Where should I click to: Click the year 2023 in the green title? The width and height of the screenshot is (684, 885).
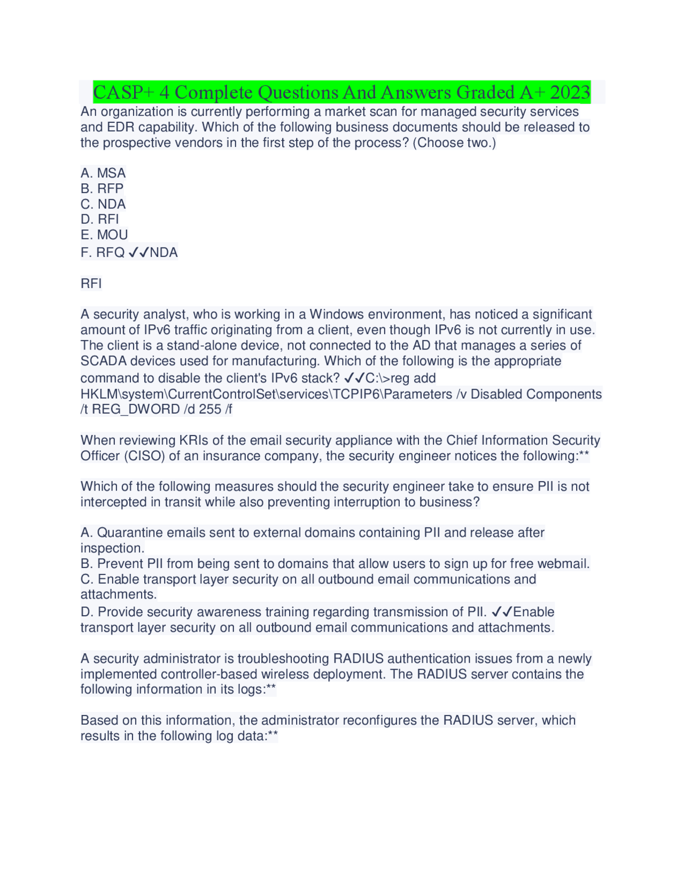click(570, 92)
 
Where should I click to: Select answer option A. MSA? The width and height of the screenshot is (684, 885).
click(103, 173)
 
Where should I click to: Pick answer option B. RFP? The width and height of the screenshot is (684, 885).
click(102, 189)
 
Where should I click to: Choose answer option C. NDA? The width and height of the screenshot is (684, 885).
click(103, 204)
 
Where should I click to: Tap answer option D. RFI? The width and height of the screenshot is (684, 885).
click(100, 219)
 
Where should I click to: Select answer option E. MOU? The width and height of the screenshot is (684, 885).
click(104, 235)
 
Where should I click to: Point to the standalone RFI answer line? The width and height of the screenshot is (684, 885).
click(91, 283)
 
